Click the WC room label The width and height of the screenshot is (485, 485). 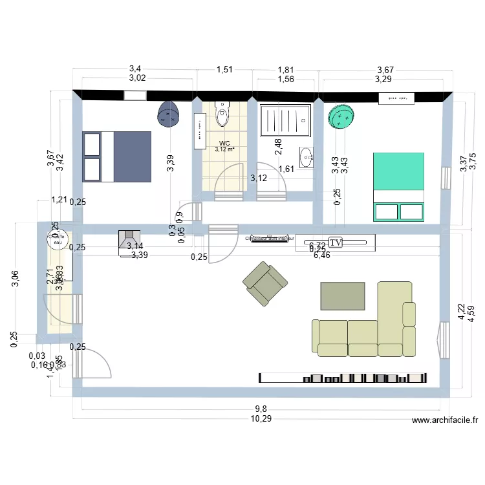tap(224, 144)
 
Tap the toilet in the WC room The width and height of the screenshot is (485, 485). tap(222, 114)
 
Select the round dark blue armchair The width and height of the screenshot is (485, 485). tap(169, 116)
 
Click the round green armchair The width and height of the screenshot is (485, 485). tap(341, 116)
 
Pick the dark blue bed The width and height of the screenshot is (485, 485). tap(117, 156)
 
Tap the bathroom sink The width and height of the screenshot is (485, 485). tap(306, 156)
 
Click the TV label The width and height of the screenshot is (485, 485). tap(335, 242)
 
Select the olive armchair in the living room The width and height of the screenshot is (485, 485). tap(265, 283)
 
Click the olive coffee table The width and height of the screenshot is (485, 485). tap(343, 296)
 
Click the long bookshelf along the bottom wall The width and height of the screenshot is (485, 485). tap(343, 378)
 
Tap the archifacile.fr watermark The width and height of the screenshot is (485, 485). tap(445, 420)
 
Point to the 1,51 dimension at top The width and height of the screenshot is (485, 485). tap(224, 69)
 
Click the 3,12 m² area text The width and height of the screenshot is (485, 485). tap(224, 150)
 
